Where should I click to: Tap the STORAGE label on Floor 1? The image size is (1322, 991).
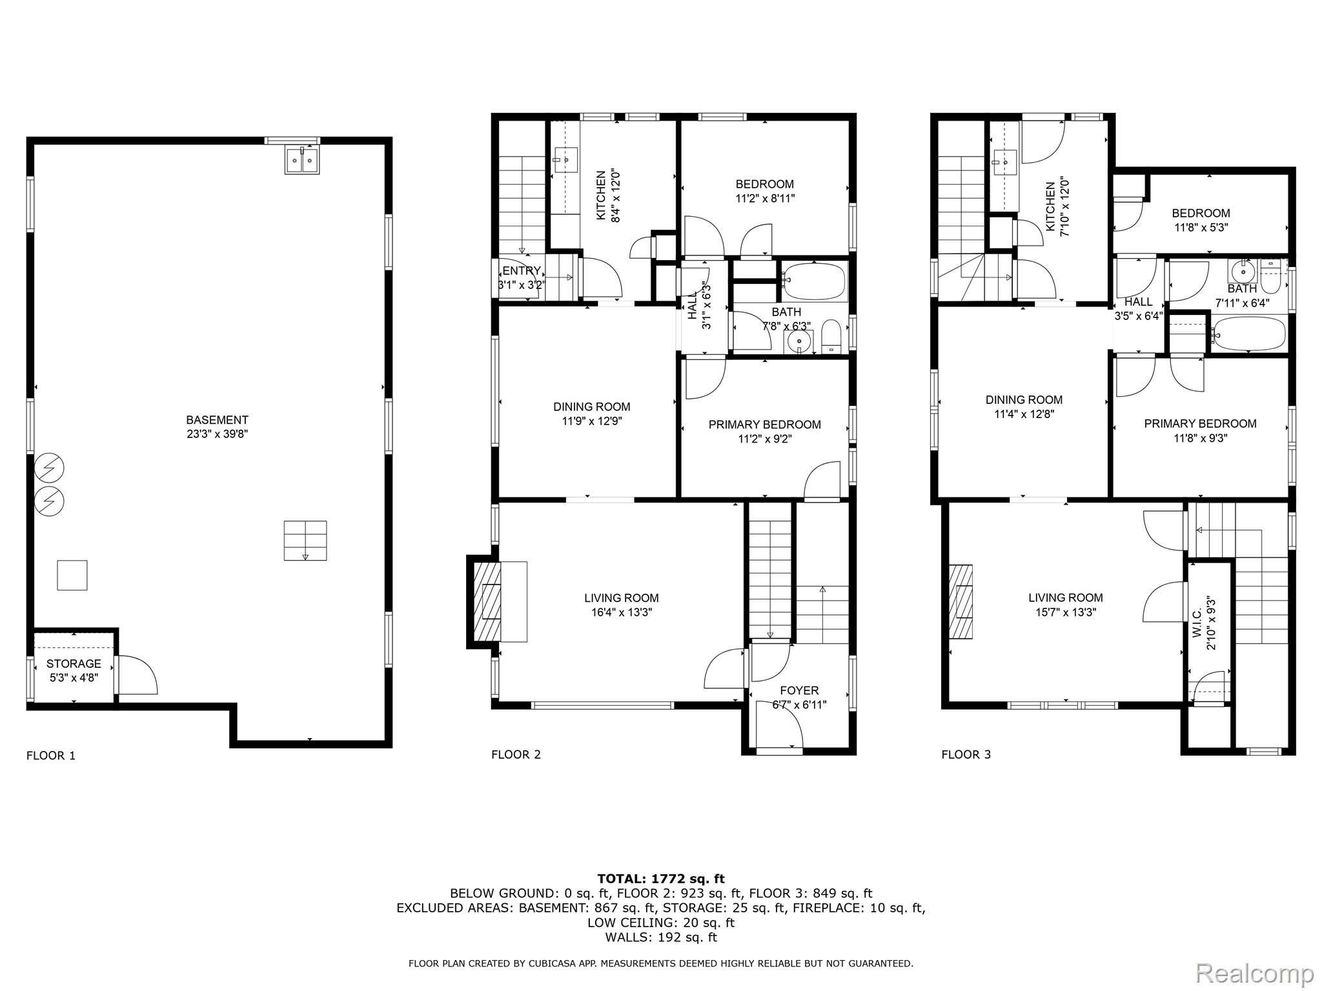[x=74, y=663]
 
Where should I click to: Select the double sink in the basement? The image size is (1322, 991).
[x=301, y=159]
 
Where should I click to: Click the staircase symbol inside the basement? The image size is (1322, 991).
[x=305, y=541]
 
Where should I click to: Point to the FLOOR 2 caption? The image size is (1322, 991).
[x=516, y=754]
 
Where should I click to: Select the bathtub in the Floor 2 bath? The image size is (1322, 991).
[x=815, y=282]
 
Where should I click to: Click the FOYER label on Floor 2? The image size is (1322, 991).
[x=799, y=690]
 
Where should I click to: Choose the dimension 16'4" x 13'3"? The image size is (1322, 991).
[x=622, y=612]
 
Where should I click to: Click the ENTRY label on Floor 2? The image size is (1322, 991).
[x=521, y=271]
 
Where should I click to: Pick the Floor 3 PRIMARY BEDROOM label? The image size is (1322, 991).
[x=1200, y=424]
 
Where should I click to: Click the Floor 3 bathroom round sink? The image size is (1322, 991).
[x=1243, y=272]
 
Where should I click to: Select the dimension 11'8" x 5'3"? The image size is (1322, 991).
[x=1201, y=227]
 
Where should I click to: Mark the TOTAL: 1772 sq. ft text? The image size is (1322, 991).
[x=661, y=878]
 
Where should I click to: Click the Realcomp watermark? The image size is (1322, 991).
[x=1254, y=972]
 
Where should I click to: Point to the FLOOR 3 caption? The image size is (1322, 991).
[x=966, y=754]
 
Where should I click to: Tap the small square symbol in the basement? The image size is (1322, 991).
[x=72, y=576]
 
